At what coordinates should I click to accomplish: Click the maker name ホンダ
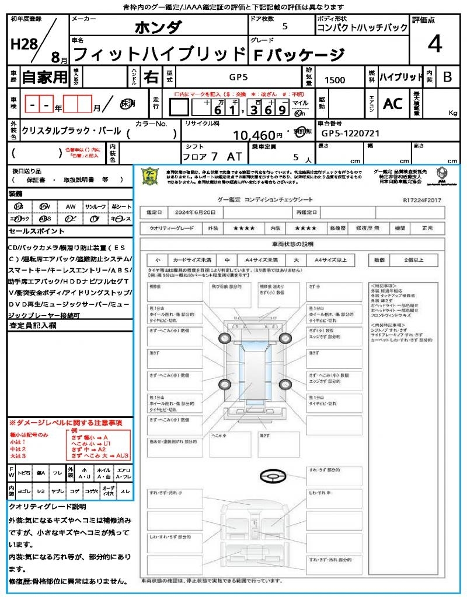(x=158, y=27)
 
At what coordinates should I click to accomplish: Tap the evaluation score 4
(x=434, y=44)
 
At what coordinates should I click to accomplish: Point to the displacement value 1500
(x=334, y=80)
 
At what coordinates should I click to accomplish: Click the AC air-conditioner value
(x=393, y=103)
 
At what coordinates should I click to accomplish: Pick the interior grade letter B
(x=447, y=77)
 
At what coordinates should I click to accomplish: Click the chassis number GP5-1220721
(x=351, y=134)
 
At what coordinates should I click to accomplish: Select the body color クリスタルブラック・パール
(x=71, y=131)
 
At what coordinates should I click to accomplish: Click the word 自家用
(x=44, y=76)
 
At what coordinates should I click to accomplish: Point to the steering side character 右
(x=151, y=76)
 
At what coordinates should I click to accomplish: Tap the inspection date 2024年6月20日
(x=192, y=212)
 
